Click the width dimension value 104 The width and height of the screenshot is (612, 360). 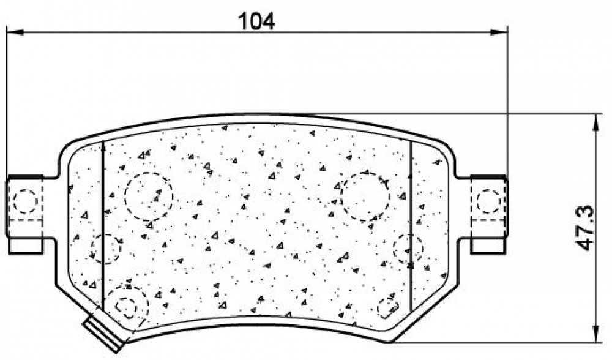point(256,21)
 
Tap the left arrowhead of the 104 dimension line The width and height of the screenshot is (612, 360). point(16,32)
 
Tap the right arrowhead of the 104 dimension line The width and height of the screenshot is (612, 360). point(499,32)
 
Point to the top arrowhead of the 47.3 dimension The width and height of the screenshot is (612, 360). point(596,122)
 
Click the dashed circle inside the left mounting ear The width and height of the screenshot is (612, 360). point(25,201)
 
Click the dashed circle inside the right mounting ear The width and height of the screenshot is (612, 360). point(488,201)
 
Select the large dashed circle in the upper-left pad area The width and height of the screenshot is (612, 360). point(148,197)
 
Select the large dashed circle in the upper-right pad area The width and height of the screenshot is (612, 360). point(365,197)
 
